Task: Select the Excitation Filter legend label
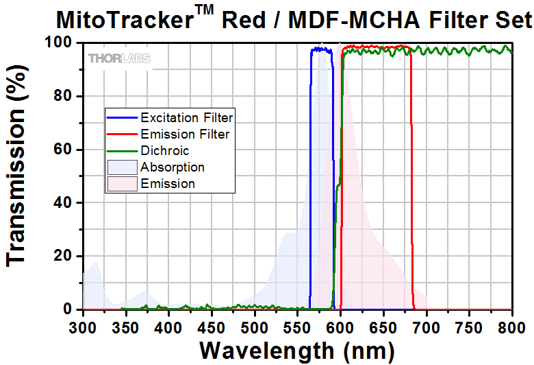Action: [187, 117]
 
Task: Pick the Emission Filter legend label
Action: [185, 134]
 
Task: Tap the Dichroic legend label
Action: [164, 150]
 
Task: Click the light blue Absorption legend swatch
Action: [121, 167]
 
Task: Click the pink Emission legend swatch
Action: [121, 183]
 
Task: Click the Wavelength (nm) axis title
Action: [296, 350]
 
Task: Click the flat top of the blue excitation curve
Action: [321, 49]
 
